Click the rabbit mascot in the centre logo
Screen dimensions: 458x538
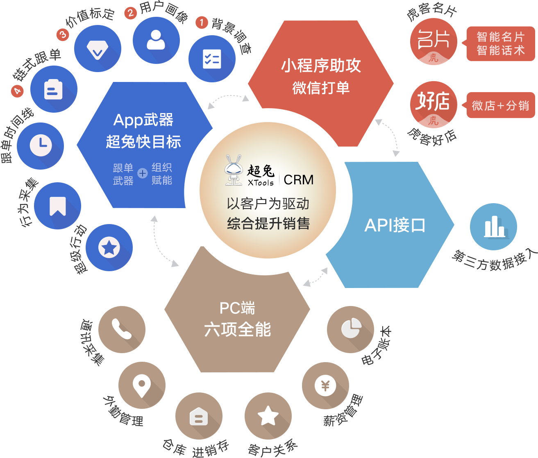point(234,170)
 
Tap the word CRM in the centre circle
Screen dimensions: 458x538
point(298,180)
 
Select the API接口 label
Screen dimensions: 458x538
point(395,225)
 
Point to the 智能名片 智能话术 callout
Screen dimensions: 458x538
point(500,44)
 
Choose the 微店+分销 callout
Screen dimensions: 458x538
point(500,106)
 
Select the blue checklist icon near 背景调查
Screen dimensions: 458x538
point(212,59)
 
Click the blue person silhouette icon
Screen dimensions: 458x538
point(156,40)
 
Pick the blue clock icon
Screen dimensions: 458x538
point(41,145)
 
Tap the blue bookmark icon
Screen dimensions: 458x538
point(57,206)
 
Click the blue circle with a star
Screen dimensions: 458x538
point(109,247)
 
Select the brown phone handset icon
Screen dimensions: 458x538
point(122,329)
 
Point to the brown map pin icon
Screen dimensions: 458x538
point(142,385)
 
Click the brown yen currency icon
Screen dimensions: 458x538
point(325,385)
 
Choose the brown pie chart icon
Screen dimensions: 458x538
point(352,328)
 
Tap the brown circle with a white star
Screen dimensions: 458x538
point(268,415)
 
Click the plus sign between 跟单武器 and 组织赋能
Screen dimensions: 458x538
point(142,174)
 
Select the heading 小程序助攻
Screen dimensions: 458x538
point(321,66)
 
